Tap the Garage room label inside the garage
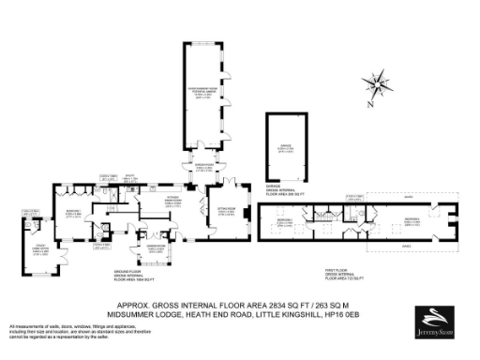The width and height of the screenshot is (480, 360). point(283,147)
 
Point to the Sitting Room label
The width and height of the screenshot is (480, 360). point(226,212)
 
